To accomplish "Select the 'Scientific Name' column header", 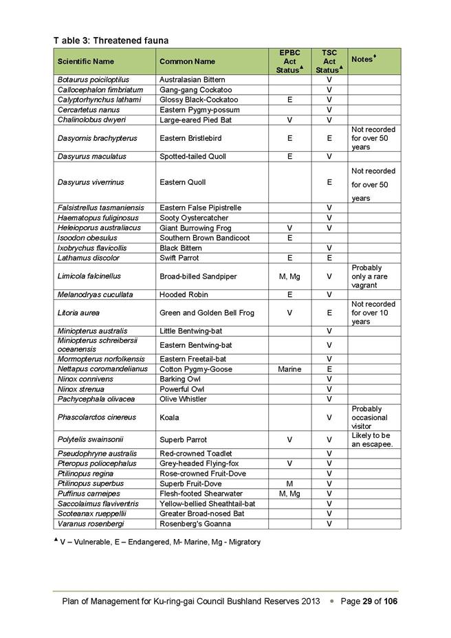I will pos(86,62).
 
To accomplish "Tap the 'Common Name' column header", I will pos(187,62).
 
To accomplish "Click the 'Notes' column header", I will pos(362,60).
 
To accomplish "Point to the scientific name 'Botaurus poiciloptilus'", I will pos(93,80).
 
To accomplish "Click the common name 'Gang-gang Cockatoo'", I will pos(195,90).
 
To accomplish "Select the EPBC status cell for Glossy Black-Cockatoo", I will pos(289,100).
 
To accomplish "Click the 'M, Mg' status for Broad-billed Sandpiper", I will pos(289,276).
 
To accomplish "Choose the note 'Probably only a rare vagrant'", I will pos(369,276).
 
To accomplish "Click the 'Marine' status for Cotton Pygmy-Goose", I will pos(289,369).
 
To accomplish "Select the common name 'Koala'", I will pos(169,417).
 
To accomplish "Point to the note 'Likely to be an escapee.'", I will pos(371,440).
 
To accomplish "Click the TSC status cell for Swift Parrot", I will pos(329,258).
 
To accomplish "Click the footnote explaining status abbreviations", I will pos(157,542).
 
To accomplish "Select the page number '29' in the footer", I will pos(368,602).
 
